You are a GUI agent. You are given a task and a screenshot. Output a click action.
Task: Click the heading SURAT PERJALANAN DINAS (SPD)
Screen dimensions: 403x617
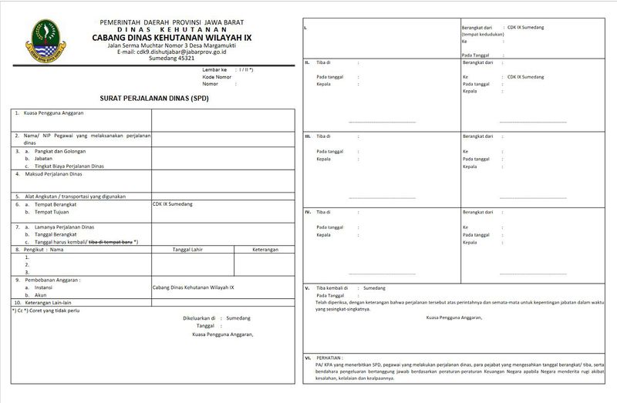pyautogui.click(x=154, y=99)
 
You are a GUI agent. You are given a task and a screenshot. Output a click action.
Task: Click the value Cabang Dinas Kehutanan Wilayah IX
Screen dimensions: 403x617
pyautogui.click(x=193, y=287)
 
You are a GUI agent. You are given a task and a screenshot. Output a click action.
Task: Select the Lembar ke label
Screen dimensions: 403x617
pyautogui.click(x=216, y=70)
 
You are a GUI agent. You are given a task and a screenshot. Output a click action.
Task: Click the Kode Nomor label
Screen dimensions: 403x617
pyautogui.click(x=217, y=77)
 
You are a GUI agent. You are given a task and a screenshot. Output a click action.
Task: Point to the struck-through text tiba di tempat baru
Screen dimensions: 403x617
pyautogui.click(x=110, y=242)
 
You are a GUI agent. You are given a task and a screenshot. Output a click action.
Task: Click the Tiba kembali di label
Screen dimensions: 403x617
pyautogui.click(x=332, y=287)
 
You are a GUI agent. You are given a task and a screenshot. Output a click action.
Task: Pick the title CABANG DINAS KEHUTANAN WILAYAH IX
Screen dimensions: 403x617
pyautogui.click(x=171, y=36)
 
